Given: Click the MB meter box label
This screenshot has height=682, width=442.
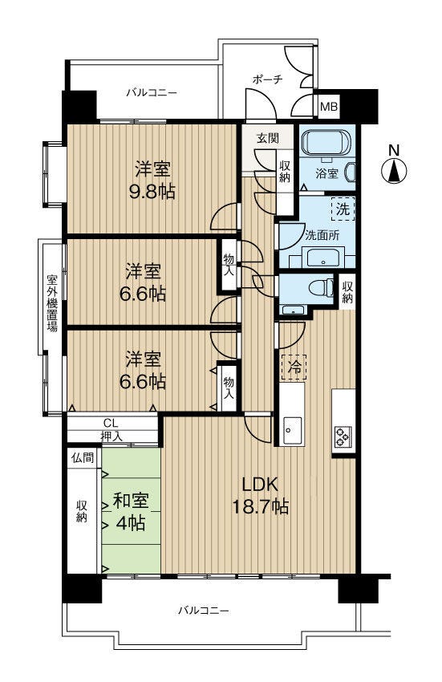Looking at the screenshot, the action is [328, 107].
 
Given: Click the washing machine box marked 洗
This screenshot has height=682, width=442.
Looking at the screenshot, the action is [343, 209].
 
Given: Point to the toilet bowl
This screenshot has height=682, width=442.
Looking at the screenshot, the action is [321, 287].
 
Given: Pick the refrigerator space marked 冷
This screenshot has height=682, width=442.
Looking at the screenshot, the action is [294, 367].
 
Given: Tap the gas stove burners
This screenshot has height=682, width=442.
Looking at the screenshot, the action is [343, 436].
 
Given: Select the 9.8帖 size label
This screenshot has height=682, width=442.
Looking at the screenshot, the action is [152, 192].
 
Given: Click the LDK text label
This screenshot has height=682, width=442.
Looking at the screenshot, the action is [260, 484].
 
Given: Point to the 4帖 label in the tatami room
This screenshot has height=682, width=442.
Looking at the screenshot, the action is [131, 523].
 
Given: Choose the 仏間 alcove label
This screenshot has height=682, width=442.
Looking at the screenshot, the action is [83, 457].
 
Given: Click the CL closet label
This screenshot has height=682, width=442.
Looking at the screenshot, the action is [111, 423].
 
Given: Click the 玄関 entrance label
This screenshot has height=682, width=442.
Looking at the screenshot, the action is [268, 139].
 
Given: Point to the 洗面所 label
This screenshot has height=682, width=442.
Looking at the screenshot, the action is [322, 235].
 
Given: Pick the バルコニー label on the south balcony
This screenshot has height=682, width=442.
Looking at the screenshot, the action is [203, 611].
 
